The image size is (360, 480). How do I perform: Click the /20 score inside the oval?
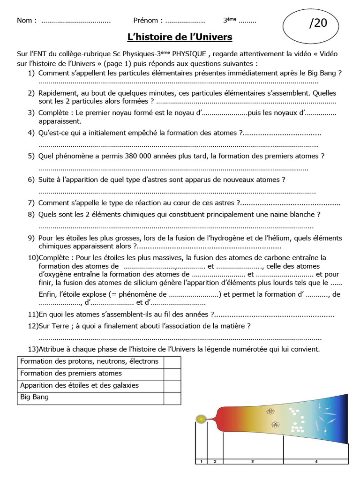(318, 24)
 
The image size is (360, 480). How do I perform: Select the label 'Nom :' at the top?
(27, 21)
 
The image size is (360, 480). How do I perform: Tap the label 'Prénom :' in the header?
(148, 21)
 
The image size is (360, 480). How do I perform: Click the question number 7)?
(31, 203)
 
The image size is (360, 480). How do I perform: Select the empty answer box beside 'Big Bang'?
(172, 398)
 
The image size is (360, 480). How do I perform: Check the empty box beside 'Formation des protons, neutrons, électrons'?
(172, 362)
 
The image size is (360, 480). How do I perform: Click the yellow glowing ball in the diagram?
(202, 418)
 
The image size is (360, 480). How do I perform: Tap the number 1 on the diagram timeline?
(201, 462)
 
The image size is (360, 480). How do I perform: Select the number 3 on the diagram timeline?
(252, 462)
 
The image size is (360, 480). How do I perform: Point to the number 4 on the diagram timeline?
(316, 462)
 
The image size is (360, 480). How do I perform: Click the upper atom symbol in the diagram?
(270, 411)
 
